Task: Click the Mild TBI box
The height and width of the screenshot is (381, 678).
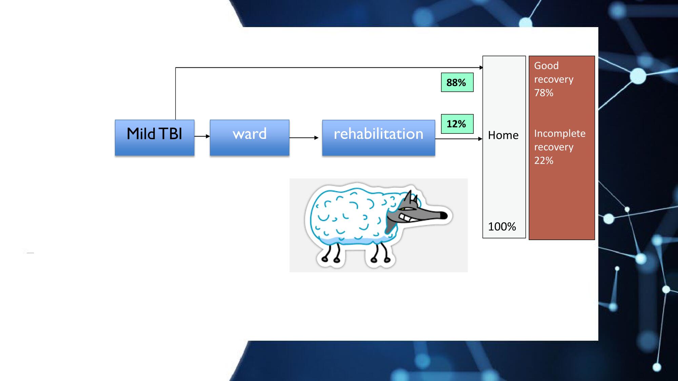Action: click(155, 137)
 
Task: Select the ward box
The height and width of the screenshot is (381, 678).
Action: click(250, 137)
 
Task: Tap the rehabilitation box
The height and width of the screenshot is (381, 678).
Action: click(378, 137)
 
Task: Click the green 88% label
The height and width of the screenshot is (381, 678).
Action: click(457, 82)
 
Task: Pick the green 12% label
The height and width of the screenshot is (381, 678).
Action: click(457, 124)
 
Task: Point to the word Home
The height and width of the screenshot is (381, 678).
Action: click(503, 135)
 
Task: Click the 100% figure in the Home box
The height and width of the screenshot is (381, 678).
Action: click(502, 227)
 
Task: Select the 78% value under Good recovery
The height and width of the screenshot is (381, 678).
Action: click(544, 93)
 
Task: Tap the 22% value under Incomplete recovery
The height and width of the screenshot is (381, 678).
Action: click(544, 161)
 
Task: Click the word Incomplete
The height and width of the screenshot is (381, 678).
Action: click(560, 133)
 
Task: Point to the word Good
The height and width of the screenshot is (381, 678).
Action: click(546, 66)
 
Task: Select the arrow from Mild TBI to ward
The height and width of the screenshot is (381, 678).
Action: click(202, 136)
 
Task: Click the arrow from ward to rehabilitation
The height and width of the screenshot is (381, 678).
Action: click(304, 137)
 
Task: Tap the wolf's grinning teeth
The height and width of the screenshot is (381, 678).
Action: click(405, 217)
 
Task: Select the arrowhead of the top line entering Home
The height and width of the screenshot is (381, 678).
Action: click(481, 68)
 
